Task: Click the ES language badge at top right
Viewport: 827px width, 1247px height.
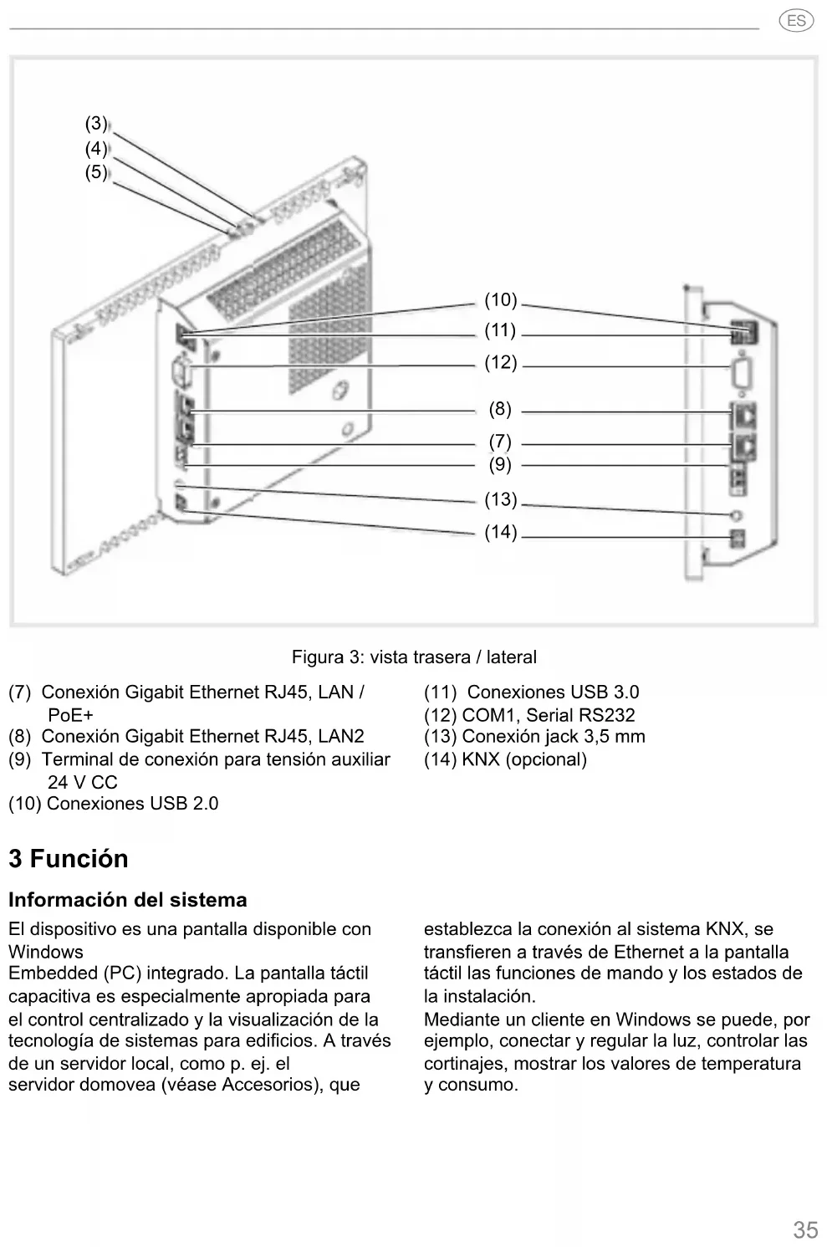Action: click(795, 21)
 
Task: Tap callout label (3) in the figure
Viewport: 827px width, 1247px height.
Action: click(96, 124)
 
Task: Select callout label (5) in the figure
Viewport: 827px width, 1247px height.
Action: click(96, 172)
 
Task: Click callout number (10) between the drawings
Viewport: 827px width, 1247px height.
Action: click(501, 300)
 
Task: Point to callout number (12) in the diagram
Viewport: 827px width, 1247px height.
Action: click(501, 363)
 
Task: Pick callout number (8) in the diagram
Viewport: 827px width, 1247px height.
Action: click(500, 409)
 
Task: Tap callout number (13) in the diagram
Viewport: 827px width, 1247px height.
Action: click(501, 500)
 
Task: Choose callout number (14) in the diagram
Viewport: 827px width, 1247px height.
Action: click(501, 532)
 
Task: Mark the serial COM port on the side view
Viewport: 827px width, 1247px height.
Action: click(742, 373)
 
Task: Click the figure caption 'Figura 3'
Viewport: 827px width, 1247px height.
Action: click(414, 657)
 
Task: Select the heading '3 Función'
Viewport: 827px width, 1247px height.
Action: click(69, 859)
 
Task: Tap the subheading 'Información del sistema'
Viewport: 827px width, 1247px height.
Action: click(128, 900)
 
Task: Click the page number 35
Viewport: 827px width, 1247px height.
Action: click(805, 1229)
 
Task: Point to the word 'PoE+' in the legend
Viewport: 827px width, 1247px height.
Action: click(70, 715)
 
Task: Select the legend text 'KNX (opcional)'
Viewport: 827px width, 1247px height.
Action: click(524, 759)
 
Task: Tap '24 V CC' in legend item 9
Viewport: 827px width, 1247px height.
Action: click(82, 782)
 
